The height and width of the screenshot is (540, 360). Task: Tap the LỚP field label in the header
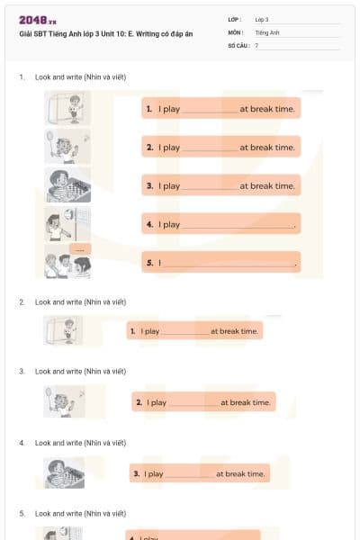click(x=236, y=19)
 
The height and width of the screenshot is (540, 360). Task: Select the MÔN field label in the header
click(x=236, y=31)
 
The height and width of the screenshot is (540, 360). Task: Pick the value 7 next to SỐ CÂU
click(x=256, y=44)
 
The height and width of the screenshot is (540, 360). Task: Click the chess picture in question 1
click(x=67, y=185)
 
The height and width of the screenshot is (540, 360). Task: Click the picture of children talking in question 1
click(x=67, y=262)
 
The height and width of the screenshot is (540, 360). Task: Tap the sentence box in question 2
click(x=194, y=331)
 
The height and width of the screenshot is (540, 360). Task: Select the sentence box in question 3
click(x=203, y=402)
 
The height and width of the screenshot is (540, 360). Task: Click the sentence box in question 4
click(x=199, y=473)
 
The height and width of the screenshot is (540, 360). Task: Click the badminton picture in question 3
click(x=64, y=401)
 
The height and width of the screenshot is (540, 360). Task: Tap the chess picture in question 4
click(x=64, y=472)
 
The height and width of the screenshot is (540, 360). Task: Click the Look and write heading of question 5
click(x=80, y=513)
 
